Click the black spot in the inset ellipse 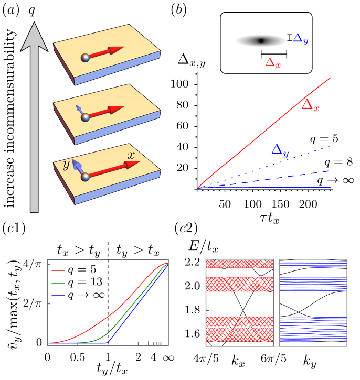tap(261, 40)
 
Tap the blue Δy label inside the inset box tap(300, 38)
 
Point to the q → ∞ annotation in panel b tap(330, 180)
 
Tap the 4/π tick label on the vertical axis tap(34, 264)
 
